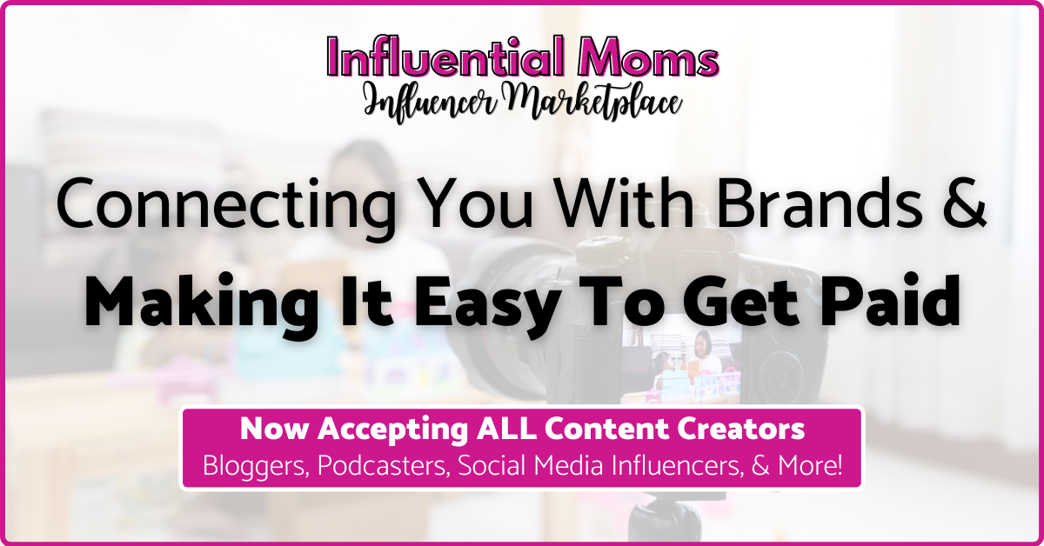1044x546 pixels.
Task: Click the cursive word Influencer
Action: coord(432,103)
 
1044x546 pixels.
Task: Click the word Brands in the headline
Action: coord(820,203)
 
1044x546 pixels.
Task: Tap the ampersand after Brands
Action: coord(964,204)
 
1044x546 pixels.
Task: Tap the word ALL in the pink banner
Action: coord(505,429)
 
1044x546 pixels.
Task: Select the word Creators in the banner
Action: coord(740,429)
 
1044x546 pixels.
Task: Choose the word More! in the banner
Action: coord(810,465)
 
